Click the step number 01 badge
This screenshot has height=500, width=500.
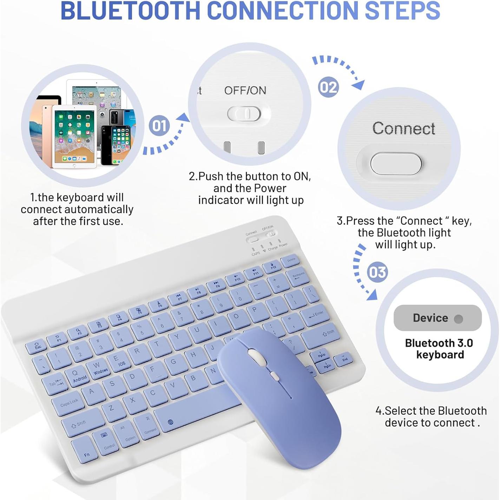[x=159, y=126]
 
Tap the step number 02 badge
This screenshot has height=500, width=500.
[x=328, y=87]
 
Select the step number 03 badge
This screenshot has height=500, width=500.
[x=377, y=272]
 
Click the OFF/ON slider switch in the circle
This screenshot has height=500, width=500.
[x=244, y=114]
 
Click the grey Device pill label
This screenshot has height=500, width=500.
[x=437, y=318]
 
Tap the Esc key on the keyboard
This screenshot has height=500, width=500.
[x=37, y=347]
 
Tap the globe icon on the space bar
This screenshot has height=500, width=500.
[x=171, y=422]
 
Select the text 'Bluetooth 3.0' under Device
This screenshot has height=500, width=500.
[x=439, y=343]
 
